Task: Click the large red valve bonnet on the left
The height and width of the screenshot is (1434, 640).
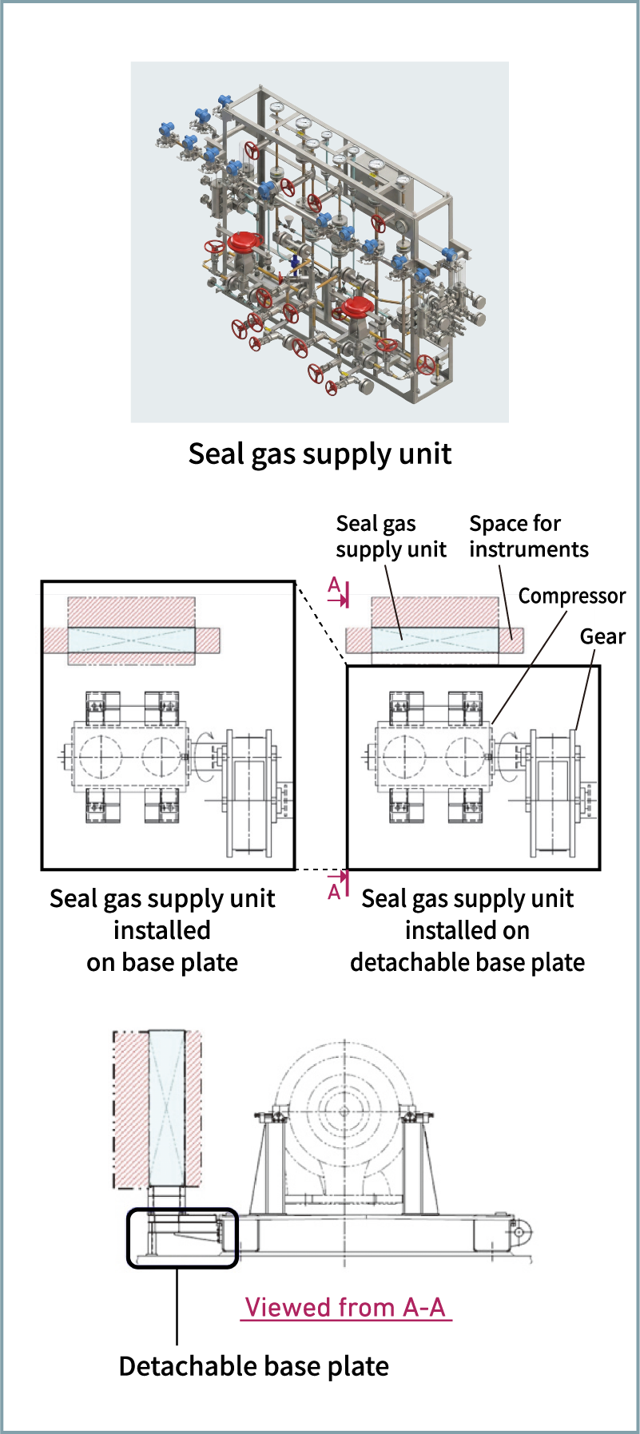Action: tap(244, 240)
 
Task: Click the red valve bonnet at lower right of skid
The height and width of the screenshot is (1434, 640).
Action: tap(356, 307)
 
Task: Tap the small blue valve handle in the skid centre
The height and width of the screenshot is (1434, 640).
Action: tap(294, 262)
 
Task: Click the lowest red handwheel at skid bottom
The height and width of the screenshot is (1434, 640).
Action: tap(332, 388)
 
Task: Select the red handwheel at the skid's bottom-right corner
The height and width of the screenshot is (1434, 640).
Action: tap(427, 366)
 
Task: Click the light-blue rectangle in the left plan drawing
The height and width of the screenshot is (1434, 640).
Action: tap(131, 640)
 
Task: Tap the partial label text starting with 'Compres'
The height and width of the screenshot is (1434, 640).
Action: tap(557, 597)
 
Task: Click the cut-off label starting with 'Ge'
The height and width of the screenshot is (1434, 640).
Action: tap(588, 636)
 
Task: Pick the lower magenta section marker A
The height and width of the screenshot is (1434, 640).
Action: tap(337, 885)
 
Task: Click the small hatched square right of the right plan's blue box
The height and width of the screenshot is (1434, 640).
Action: tap(511, 640)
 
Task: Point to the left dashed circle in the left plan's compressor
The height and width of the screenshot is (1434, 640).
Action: tap(101, 755)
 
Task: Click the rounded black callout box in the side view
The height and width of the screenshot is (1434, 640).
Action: tap(183, 1238)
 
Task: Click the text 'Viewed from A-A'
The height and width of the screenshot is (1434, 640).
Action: tap(345, 1308)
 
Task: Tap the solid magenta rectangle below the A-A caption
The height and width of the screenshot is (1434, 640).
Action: tap(346, 1337)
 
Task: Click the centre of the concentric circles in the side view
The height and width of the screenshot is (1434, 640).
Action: tap(344, 1111)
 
